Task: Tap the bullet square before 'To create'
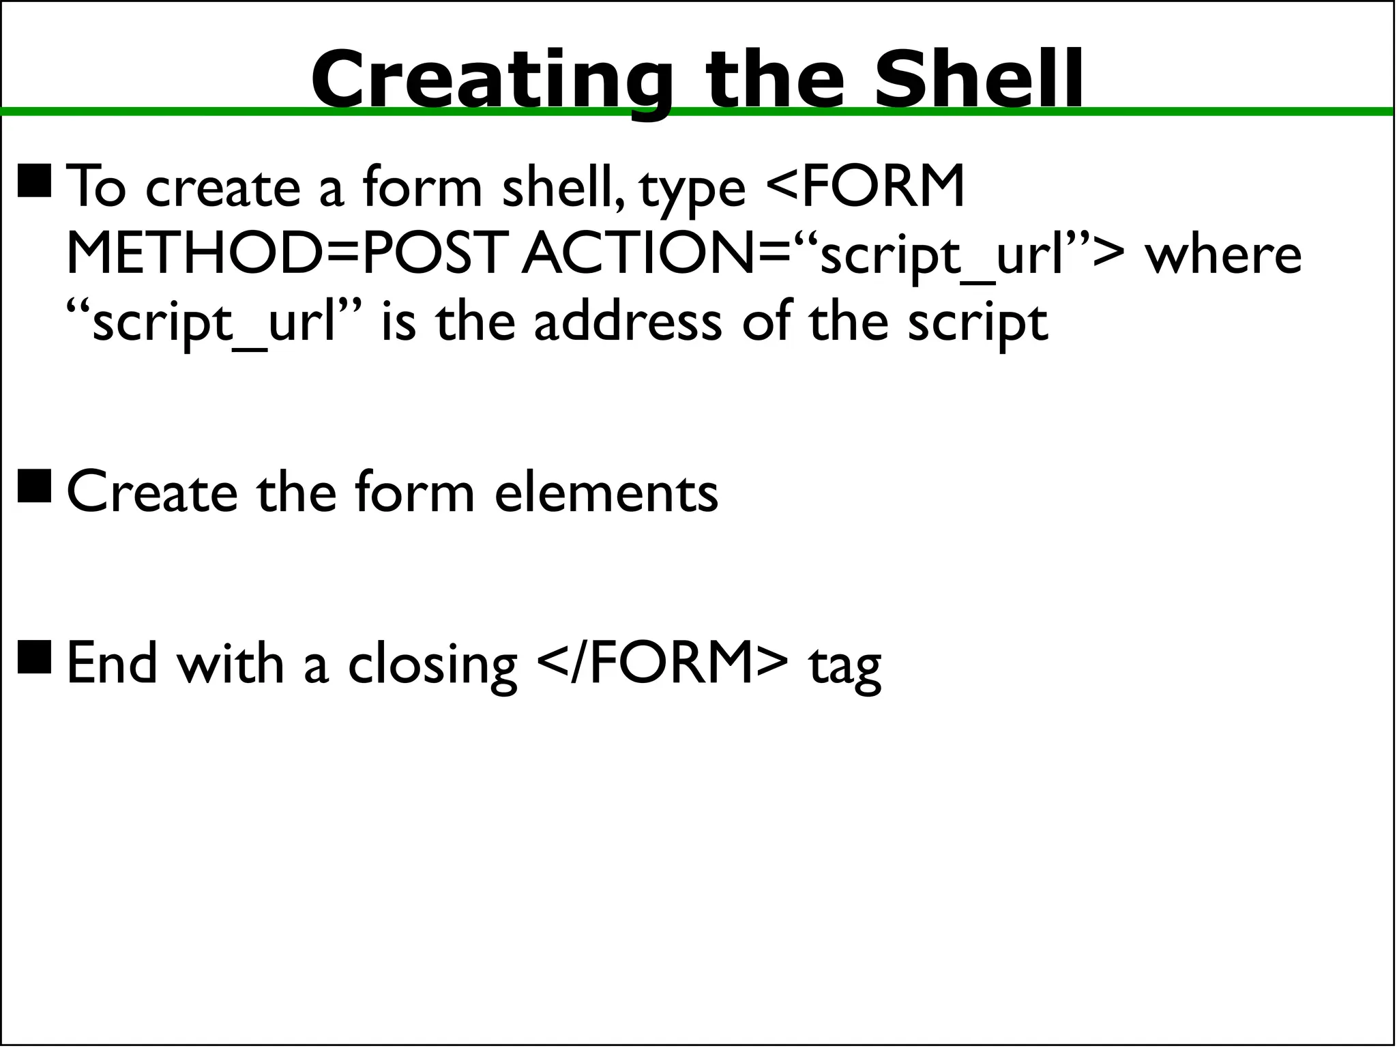tap(35, 181)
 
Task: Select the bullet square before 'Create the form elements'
tap(35, 486)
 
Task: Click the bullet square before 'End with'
tap(35, 656)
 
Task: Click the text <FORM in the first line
tap(865, 186)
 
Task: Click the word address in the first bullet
tap(628, 322)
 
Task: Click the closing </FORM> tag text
tap(662, 663)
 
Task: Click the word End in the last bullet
tap(112, 663)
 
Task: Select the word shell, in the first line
tap(563, 186)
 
